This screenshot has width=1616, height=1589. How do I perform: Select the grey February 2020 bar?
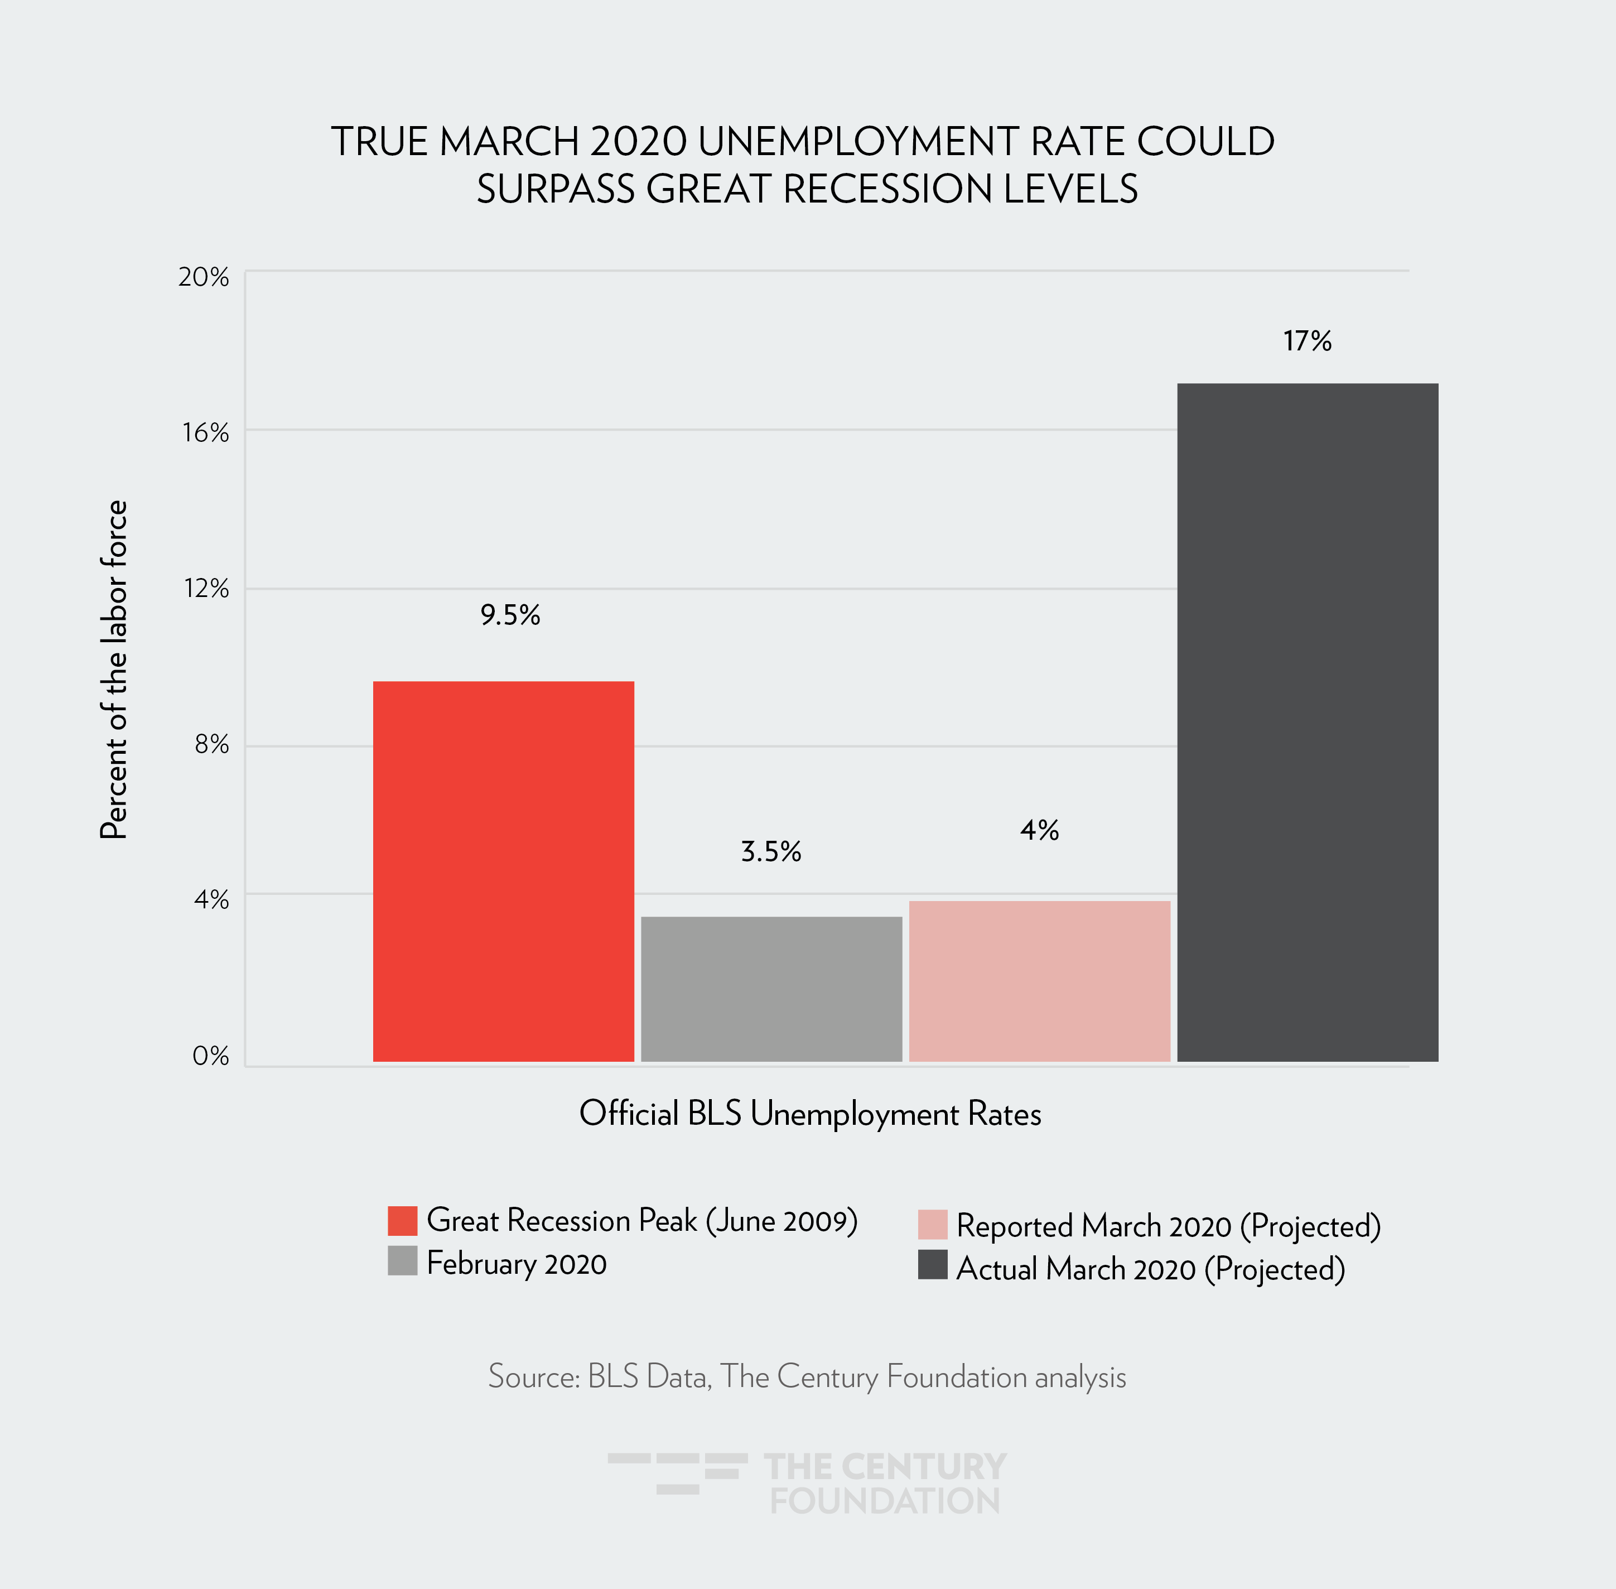[x=771, y=989]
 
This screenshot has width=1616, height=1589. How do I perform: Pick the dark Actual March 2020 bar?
[x=1308, y=722]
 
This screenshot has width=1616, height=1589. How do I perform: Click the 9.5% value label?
[x=510, y=615]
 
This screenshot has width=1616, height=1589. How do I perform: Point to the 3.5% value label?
[x=771, y=851]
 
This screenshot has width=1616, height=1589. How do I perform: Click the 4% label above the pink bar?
[x=1040, y=830]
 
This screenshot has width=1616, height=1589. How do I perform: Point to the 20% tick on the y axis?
[x=204, y=277]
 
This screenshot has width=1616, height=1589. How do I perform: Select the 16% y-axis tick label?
[x=205, y=432]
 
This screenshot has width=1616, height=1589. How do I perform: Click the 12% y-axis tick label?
[x=206, y=589]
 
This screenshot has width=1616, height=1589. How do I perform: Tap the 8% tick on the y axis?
[x=211, y=744]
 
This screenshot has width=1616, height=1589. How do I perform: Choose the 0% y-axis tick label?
[x=210, y=1056]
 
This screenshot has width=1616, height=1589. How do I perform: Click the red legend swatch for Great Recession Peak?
[x=402, y=1220]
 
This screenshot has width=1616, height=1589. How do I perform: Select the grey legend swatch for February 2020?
[x=402, y=1261]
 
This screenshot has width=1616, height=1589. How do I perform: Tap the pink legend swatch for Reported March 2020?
[x=932, y=1224]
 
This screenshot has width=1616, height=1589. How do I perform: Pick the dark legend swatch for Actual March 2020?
[x=932, y=1265]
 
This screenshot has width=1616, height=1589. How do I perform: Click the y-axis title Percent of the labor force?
[x=113, y=670]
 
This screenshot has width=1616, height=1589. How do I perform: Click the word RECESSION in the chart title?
[x=887, y=189]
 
